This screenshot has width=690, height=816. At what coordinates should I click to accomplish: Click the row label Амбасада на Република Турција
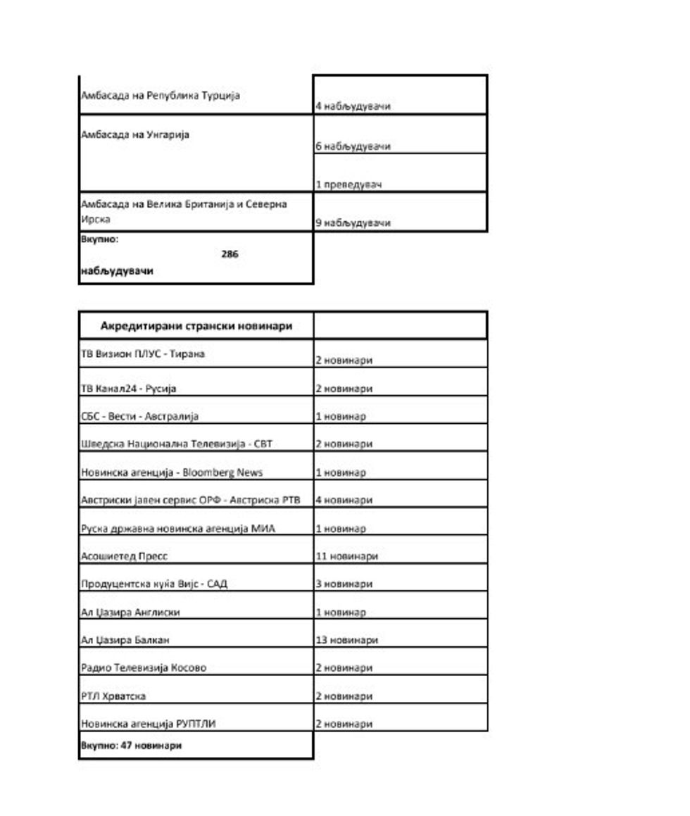pyautogui.click(x=161, y=95)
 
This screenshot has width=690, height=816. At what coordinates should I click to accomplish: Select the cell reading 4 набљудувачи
pyautogui.click(x=353, y=106)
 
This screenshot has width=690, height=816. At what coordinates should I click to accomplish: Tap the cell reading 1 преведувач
pyautogui.click(x=349, y=184)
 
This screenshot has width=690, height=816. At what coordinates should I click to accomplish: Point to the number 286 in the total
pyautogui.click(x=230, y=254)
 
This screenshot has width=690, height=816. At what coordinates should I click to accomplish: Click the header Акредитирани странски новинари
pyautogui.click(x=196, y=326)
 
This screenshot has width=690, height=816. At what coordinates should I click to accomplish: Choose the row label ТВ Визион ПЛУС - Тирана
pyautogui.click(x=143, y=354)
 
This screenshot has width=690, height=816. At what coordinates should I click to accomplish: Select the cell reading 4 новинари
pyautogui.click(x=344, y=500)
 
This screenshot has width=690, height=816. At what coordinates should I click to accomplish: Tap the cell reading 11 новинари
pyautogui.click(x=346, y=556)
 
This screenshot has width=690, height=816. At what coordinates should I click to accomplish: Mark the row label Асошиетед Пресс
pyautogui.click(x=125, y=556)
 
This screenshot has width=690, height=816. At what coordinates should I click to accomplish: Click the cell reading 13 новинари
pyautogui.click(x=346, y=640)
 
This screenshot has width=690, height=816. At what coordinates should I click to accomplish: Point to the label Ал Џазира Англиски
pyautogui.click(x=130, y=613)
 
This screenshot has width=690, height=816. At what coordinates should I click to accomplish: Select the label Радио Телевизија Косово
pyautogui.click(x=144, y=667)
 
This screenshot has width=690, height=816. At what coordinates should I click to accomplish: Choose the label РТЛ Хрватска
pyautogui.click(x=114, y=696)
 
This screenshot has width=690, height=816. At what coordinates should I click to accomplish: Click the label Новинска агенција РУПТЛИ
pyautogui.click(x=149, y=723)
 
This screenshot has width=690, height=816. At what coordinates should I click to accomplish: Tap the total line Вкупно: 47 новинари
pyautogui.click(x=132, y=745)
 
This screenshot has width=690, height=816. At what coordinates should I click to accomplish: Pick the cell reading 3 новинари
pyautogui.click(x=344, y=584)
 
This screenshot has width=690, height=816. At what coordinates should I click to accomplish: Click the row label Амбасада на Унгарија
pyautogui.click(x=136, y=134)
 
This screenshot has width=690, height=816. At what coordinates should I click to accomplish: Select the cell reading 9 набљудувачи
pyautogui.click(x=353, y=222)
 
